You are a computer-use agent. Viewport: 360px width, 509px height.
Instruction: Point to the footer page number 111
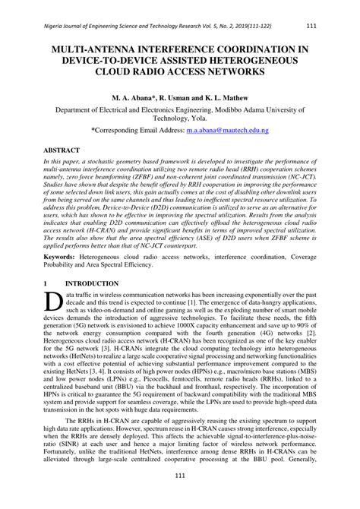(x=179, y=498)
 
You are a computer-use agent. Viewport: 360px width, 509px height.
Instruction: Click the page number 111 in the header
(x=310, y=26)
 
